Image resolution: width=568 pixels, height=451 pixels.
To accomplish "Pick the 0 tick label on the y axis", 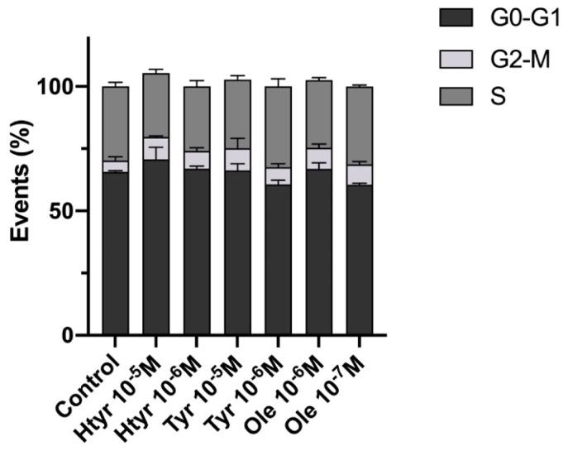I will click(72, 335).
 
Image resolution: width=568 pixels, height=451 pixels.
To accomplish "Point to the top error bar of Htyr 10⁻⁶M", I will click(197, 82).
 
